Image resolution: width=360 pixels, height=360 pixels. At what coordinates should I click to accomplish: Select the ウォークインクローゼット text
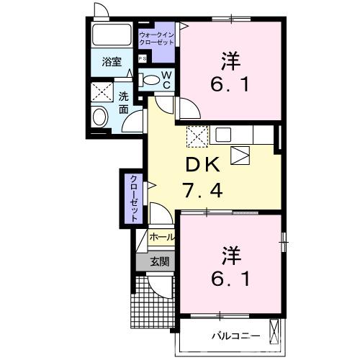tap(156, 37)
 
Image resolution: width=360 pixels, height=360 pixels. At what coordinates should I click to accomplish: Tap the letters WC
tap(166, 80)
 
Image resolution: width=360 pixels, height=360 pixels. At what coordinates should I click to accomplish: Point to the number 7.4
tap(207, 191)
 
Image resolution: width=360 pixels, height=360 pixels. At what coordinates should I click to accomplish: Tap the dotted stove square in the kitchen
tap(197, 135)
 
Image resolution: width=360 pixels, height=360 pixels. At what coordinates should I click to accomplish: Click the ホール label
tap(161, 237)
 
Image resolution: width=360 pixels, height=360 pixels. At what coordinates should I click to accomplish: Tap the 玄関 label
tap(160, 261)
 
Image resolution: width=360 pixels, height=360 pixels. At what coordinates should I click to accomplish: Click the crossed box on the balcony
tap(276, 333)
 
